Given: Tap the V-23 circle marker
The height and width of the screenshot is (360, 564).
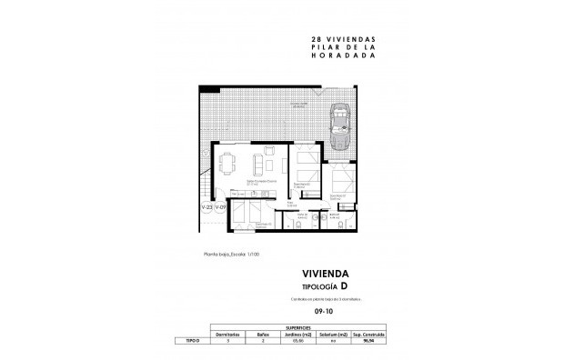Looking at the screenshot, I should [206, 208].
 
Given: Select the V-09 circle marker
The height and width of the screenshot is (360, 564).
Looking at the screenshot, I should [220, 208].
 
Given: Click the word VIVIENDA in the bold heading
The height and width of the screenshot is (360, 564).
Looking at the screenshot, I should [327, 273].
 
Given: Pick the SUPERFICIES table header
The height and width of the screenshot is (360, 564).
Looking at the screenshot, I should [299, 325].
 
